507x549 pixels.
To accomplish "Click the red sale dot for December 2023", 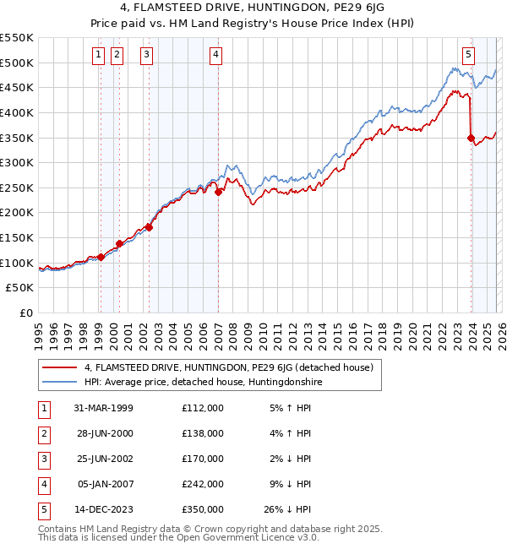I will (471, 138).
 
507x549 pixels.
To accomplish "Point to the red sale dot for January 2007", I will (218, 192).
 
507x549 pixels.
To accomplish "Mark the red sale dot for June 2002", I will (149, 227).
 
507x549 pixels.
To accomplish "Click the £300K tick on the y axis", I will (17, 162).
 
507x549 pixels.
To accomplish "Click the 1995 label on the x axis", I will (39, 332).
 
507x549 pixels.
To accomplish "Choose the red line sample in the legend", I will (61, 367).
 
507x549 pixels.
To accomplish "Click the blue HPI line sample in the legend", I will (61, 382).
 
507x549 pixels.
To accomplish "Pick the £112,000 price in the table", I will (202, 408).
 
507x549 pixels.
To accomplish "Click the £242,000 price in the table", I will (202, 484).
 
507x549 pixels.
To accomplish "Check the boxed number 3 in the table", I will (42, 459).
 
